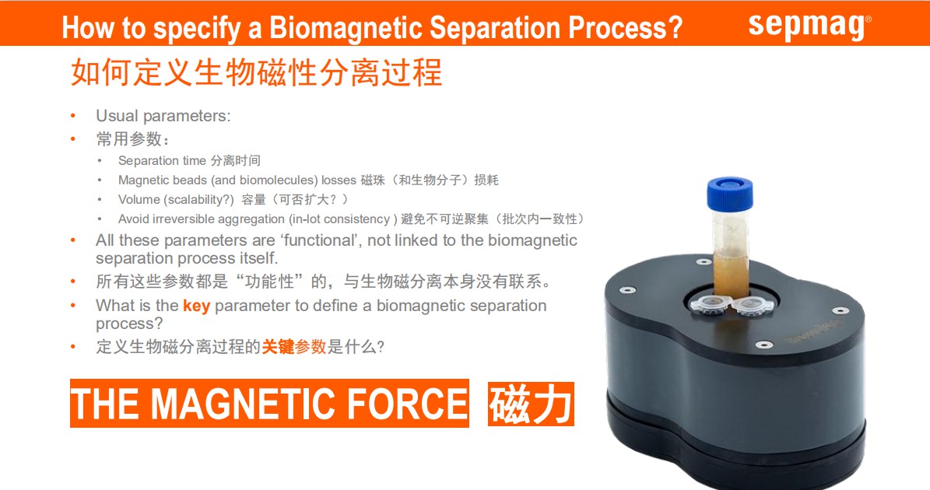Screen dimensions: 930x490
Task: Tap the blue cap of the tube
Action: click(x=729, y=193)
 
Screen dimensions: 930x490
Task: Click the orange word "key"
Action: click(x=196, y=306)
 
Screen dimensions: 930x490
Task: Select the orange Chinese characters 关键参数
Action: click(x=294, y=347)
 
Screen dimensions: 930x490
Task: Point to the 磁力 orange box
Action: click(x=531, y=404)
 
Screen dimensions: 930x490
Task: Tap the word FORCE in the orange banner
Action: click(x=407, y=404)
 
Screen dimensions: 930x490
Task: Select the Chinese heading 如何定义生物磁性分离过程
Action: click(x=256, y=73)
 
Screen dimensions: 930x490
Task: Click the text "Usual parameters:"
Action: click(x=163, y=116)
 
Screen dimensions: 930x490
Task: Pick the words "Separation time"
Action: click(x=162, y=160)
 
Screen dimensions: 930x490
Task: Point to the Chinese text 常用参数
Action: click(x=129, y=139)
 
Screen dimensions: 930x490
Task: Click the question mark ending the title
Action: click(x=675, y=28)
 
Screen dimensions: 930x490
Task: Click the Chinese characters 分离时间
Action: click(x=236, y=160)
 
